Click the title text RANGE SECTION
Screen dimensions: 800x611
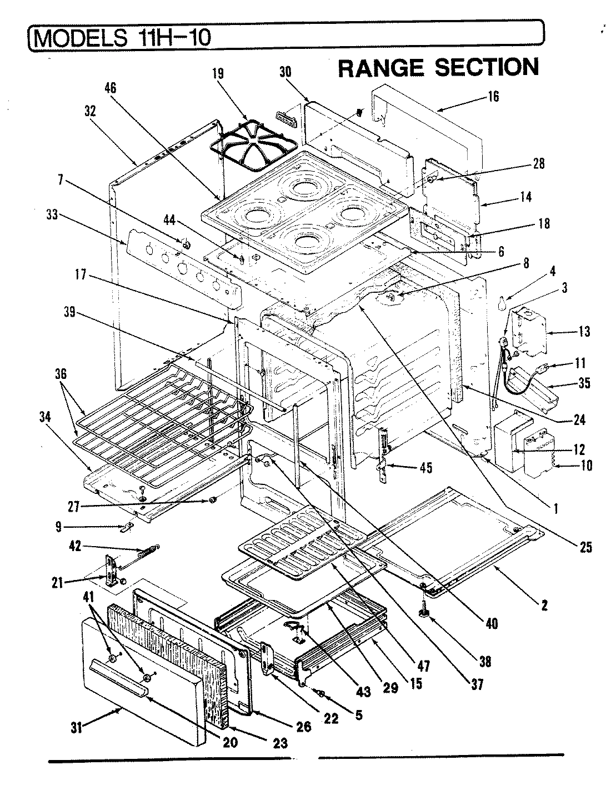(x=438, y=68)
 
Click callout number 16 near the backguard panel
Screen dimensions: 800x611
(x=493, y=97)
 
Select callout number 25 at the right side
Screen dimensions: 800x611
(x=585, y=548)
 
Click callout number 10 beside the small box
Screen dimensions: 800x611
(x=586, y=466)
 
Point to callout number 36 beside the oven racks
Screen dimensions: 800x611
(x=61, y=374)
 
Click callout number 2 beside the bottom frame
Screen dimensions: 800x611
(x=544, y=604)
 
